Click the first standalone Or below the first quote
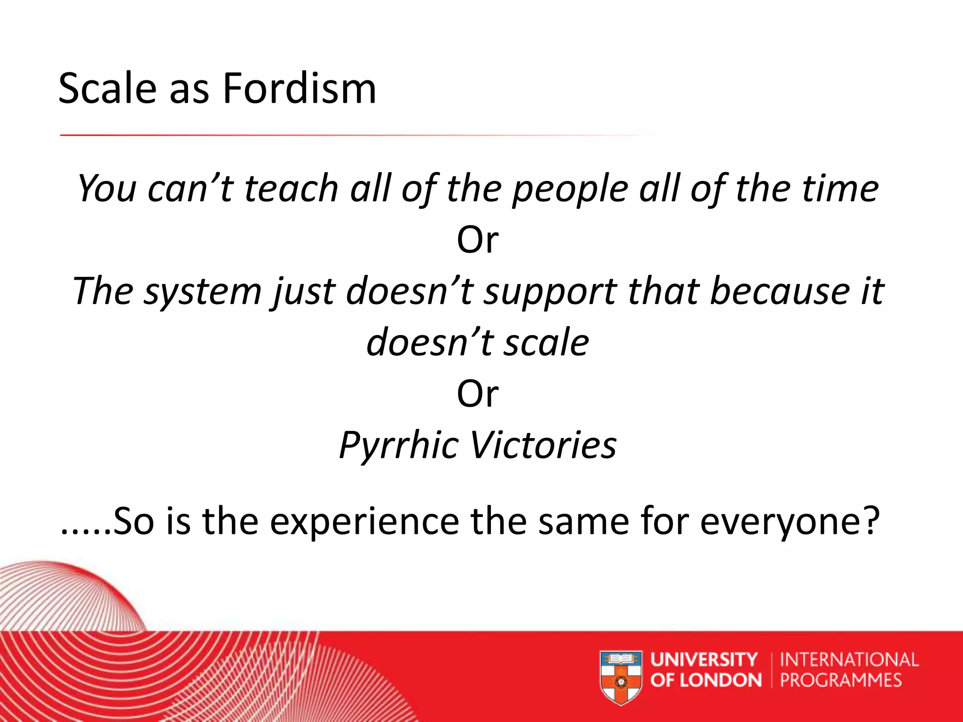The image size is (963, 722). coord(477,240)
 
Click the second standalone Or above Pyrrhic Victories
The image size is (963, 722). coord(477,394)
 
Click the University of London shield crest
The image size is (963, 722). coord(621,677)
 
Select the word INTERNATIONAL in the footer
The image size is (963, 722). coord(849,660)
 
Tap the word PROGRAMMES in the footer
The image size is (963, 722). coord(841,680)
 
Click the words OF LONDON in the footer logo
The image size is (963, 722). coord(705,680)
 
